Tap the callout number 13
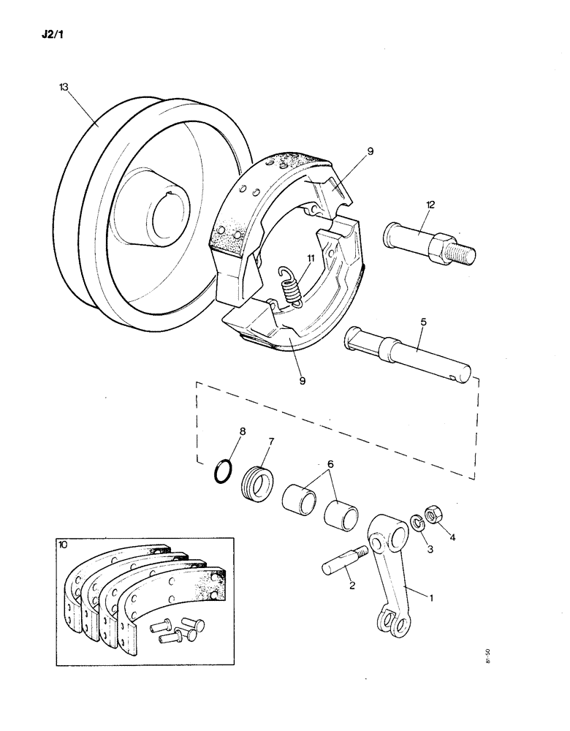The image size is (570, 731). tap(64, 87)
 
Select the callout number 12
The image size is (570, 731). tap(430, 205)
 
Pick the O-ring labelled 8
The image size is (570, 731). tap(224, 471)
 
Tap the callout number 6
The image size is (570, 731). tap(330, 464)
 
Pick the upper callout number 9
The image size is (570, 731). tap(370, 151)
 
